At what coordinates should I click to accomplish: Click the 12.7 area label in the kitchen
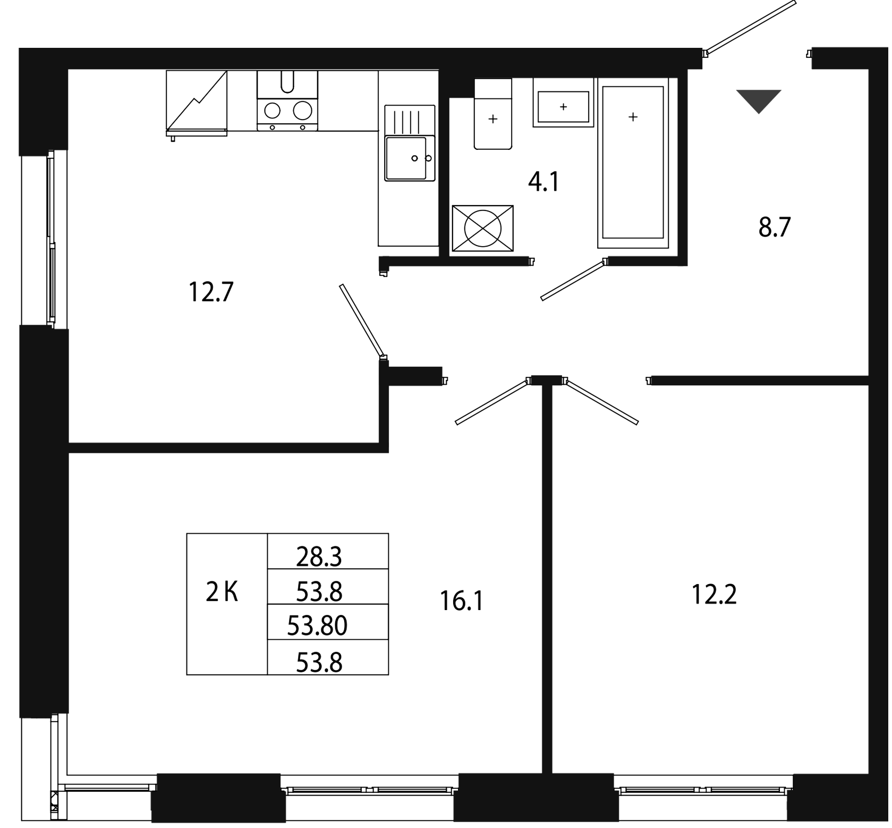tap(211, 293)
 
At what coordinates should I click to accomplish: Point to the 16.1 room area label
tap(461, 602)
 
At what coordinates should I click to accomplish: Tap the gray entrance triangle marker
tap(758, 99)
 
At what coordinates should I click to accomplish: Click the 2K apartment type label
tap(222, 593)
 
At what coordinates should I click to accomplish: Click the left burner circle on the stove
tap(273, 112)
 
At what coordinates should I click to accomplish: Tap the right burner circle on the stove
tap(303, 112)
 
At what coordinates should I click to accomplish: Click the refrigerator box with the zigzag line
tap(197, 101)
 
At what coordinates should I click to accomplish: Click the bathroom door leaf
tap(574, 281)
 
